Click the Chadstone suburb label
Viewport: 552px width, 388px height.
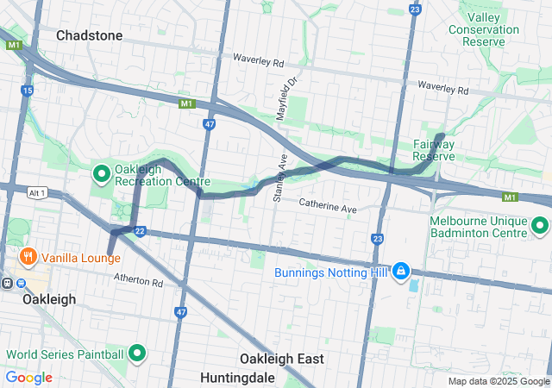click(x=89, y=35)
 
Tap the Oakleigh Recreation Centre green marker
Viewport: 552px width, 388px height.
click(x=101, y=174)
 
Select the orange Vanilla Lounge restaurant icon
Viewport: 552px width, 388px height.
click(x=28, y=256)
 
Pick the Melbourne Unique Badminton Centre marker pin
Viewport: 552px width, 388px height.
click(x=540, y=226)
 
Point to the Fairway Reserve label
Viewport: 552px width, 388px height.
click(x=433, y=150)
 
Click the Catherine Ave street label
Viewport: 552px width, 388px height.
click(x=328, y=206)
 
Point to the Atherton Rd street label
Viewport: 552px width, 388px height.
click(x=139, y=281)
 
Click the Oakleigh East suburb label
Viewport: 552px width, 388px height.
click(x=280, y=358)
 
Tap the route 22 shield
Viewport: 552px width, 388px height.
click(x=140, y=230)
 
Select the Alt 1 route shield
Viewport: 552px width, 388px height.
click(x=36, y=192)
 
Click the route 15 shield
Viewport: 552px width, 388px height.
click(x=28, y=90)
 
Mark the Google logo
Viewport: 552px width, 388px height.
click(x=28, y=377)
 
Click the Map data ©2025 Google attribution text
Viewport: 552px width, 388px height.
click(x=498, y=381)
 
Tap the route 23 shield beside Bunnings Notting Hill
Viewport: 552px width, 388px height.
click(x=377, y=238)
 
